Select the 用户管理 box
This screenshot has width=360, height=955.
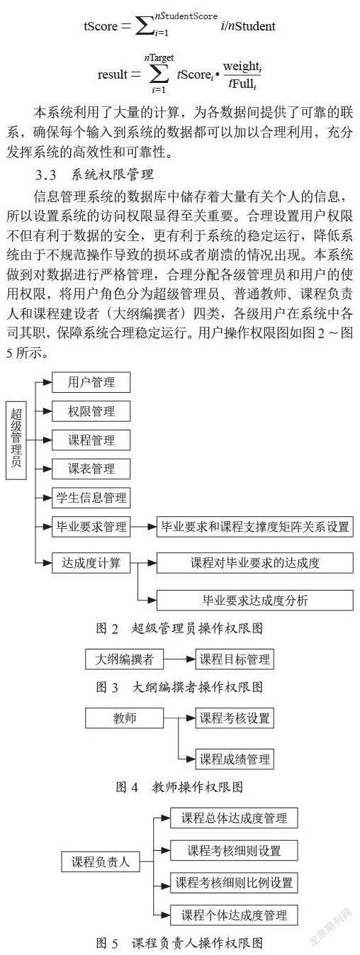91,382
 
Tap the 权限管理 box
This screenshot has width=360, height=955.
91,411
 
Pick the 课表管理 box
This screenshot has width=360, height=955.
91,469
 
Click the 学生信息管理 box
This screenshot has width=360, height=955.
91,498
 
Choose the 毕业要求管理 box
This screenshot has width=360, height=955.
91,527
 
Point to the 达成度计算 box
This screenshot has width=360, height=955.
91,563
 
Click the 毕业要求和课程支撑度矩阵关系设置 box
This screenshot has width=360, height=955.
255,527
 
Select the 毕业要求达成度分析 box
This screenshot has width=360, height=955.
255,601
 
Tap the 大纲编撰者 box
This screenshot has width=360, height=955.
125,659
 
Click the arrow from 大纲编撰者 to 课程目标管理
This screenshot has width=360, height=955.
179,659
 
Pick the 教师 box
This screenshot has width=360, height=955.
125,718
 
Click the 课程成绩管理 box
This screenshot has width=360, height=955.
235,759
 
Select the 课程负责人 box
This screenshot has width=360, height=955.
101,861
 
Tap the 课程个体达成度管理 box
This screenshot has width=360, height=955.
234,915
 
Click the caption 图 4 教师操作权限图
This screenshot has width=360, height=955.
179,786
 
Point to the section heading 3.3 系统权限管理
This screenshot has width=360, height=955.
94,175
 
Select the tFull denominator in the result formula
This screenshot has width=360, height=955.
242,84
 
